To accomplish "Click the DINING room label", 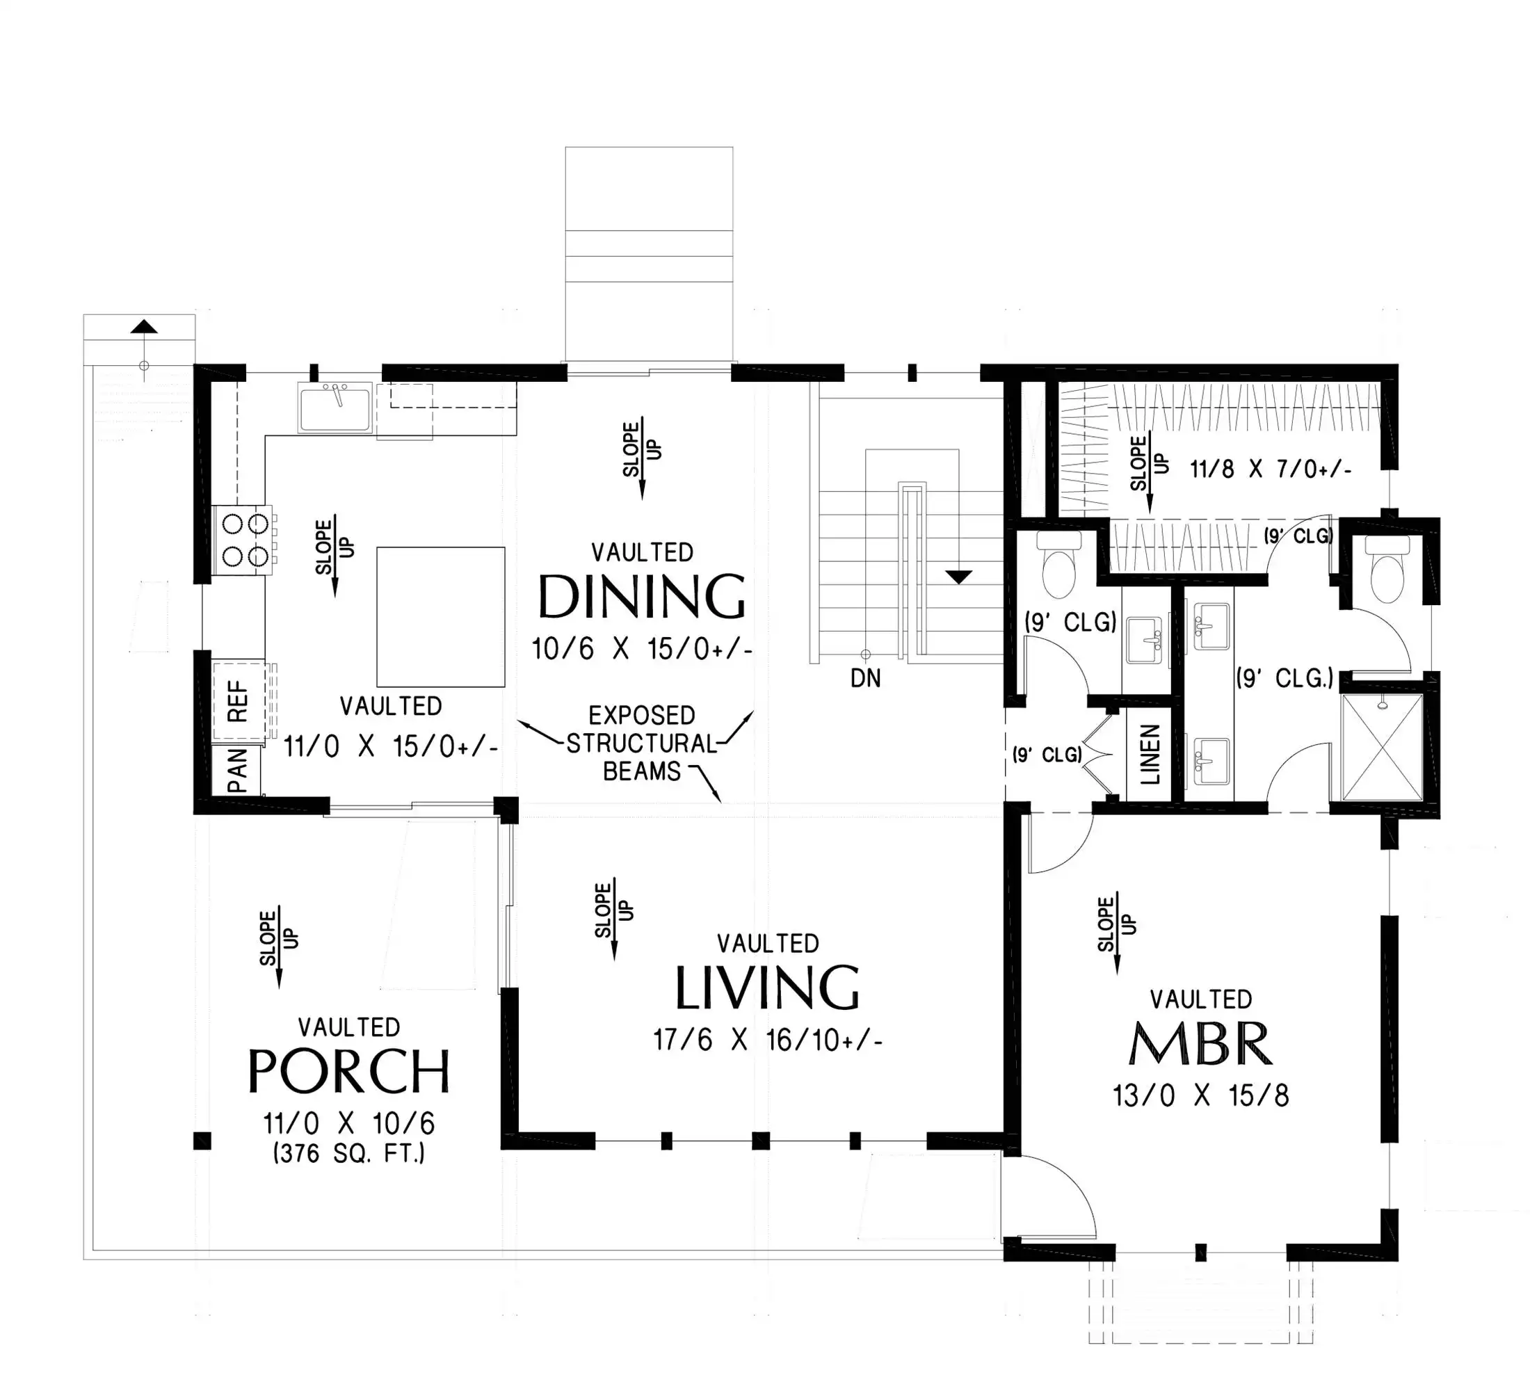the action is click(642, 597).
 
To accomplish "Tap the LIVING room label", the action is click(767, 988).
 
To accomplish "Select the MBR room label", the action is click(1200, 1044).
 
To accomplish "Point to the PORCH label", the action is click(349, 1071).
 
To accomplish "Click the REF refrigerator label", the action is click(238, 700).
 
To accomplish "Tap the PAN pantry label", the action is click(238, 769).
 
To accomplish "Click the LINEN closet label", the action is click(1150, 755).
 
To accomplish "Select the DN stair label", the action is click(866, 678).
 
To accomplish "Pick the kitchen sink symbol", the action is click(335, 408).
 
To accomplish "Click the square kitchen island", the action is click(441, 617).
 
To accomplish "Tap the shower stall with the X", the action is click(1382, 747).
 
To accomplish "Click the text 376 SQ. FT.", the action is click(349, 1153).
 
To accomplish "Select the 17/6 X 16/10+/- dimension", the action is click(768, 1040).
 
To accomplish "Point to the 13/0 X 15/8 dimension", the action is click(1200, 1096).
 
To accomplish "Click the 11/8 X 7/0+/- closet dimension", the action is click(1271, 469).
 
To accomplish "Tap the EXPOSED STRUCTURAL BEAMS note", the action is click(642, 743).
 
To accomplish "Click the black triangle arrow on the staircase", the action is click(959, 577).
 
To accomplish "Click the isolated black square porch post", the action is click(202, 1141).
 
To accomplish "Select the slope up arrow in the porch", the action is click(278, 947).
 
